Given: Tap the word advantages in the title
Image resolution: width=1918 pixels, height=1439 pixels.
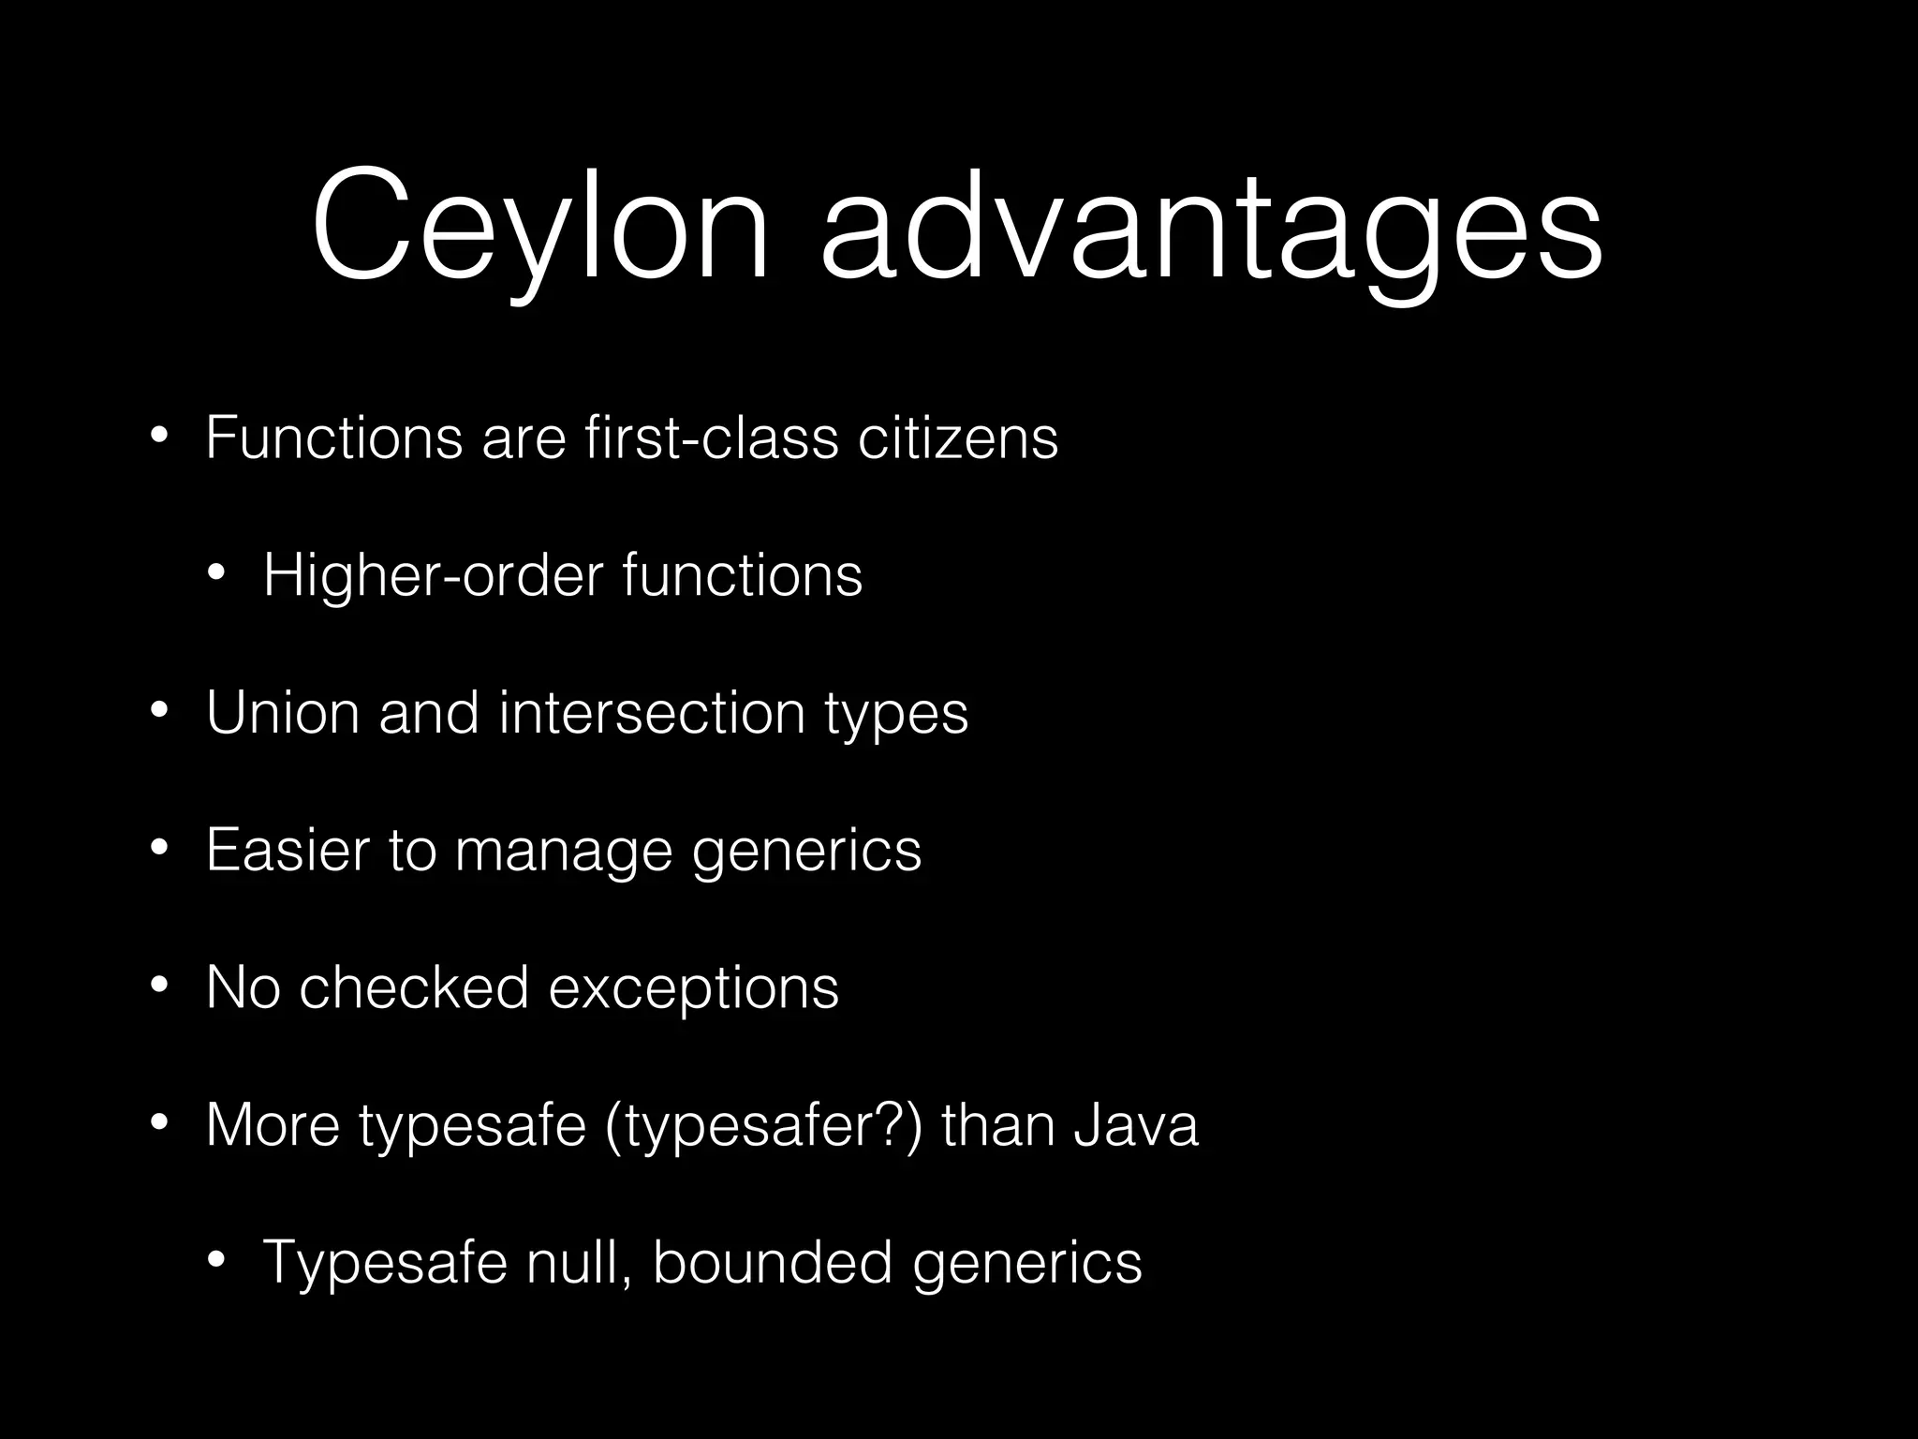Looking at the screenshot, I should coord(1211,230).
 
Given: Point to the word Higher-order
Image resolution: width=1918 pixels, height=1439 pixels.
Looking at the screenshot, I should coord(433,574).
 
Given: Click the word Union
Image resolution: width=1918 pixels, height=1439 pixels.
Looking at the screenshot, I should coord(282,712).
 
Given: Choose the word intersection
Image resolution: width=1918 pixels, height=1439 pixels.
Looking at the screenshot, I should coord(652,712).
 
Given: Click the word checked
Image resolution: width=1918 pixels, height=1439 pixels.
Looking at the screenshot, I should coord(414,987).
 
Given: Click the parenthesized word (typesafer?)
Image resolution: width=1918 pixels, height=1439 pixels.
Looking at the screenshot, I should coord(763,1125).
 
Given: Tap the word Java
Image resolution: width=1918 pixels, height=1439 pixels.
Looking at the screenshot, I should coord(1135,1125).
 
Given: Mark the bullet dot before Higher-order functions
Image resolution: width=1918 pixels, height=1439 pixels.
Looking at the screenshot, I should coord(216,572).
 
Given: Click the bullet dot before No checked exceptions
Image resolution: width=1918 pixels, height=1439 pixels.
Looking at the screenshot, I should coord(159,986).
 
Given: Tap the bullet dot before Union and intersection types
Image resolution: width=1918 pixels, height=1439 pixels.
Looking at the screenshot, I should coord(159,710).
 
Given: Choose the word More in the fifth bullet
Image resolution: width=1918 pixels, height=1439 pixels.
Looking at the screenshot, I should coord(273,1125).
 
